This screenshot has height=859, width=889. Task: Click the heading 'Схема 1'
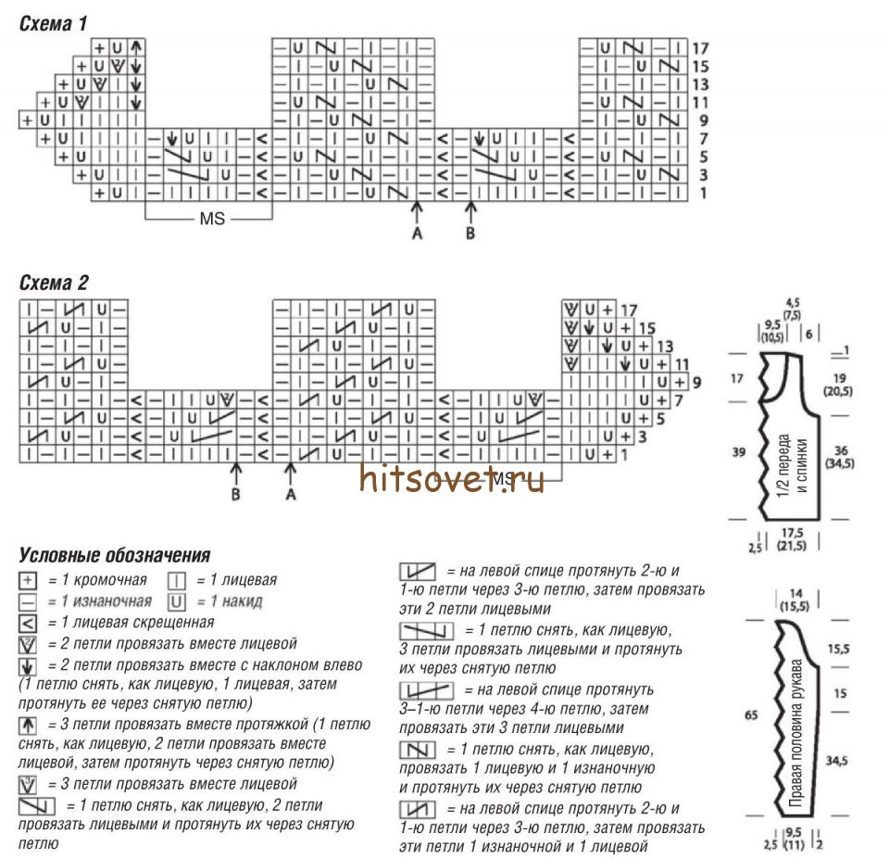pyautogui.click(x=54, y=23)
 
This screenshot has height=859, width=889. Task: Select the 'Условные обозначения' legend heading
pyautogui.click(x=114, y=556)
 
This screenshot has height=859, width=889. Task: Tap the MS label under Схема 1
pyautogui.click(x=211, y=220)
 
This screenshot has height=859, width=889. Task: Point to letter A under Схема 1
pyautogui.click(x=417, y=234)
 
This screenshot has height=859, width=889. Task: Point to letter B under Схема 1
pyautogui.click(x=470, y=234)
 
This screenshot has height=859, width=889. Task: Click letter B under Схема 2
pyautogui.click(x=235, y=494)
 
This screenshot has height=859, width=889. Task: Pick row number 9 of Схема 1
pyautogui.click(x=700, y=120)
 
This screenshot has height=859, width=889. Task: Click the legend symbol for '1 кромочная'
pyautogui.click(x=28, y=580)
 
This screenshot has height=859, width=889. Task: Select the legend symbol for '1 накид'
pyautogui.click(x=176, y=601)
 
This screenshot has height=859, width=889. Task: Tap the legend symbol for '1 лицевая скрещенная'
pyautogui.click(x=28, y=623)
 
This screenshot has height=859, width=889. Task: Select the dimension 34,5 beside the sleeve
pyautogui.click(x=837, y=761)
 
